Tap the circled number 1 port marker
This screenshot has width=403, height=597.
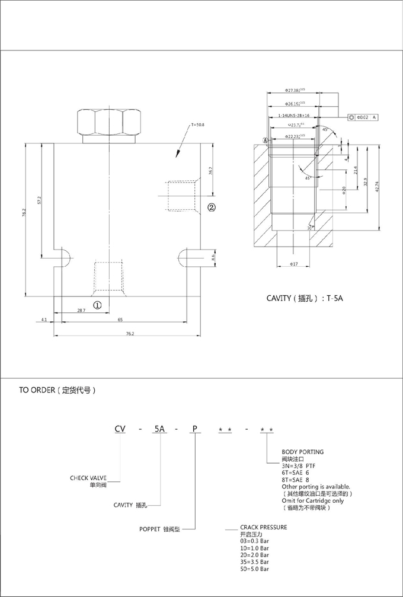click(98, 304)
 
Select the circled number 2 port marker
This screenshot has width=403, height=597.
click(212, 207)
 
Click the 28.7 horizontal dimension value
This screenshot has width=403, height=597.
click(81, 310)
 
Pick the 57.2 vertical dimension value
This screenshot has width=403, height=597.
click(39, 200)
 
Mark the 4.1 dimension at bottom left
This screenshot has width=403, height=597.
click(44, 320)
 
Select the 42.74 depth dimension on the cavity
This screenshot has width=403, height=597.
click(377, 186)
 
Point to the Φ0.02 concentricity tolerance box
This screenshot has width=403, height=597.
click(363, 117)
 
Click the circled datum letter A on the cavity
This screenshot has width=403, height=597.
click(266, 141)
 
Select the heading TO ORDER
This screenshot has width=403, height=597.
click(57, 391)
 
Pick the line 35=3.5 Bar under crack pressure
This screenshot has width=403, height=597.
click(254, 561)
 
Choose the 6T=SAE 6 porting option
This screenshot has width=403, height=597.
click(295, 473)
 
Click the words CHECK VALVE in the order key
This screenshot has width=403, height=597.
click(88, 477)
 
